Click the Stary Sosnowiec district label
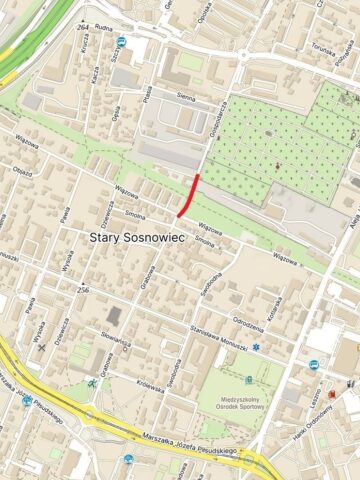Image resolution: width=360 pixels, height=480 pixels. (x=132, y=237)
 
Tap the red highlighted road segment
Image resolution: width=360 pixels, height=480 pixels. (x=189, y=195)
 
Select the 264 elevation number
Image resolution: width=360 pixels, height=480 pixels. (x=81, y=26)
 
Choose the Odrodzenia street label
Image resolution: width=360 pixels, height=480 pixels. (x=247, y=320)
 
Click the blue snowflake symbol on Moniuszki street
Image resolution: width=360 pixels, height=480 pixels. (x=256, y=347)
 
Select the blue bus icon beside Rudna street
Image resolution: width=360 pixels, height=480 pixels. (x=121, y=43)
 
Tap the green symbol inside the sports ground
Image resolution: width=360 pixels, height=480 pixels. (x=249, y=380)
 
